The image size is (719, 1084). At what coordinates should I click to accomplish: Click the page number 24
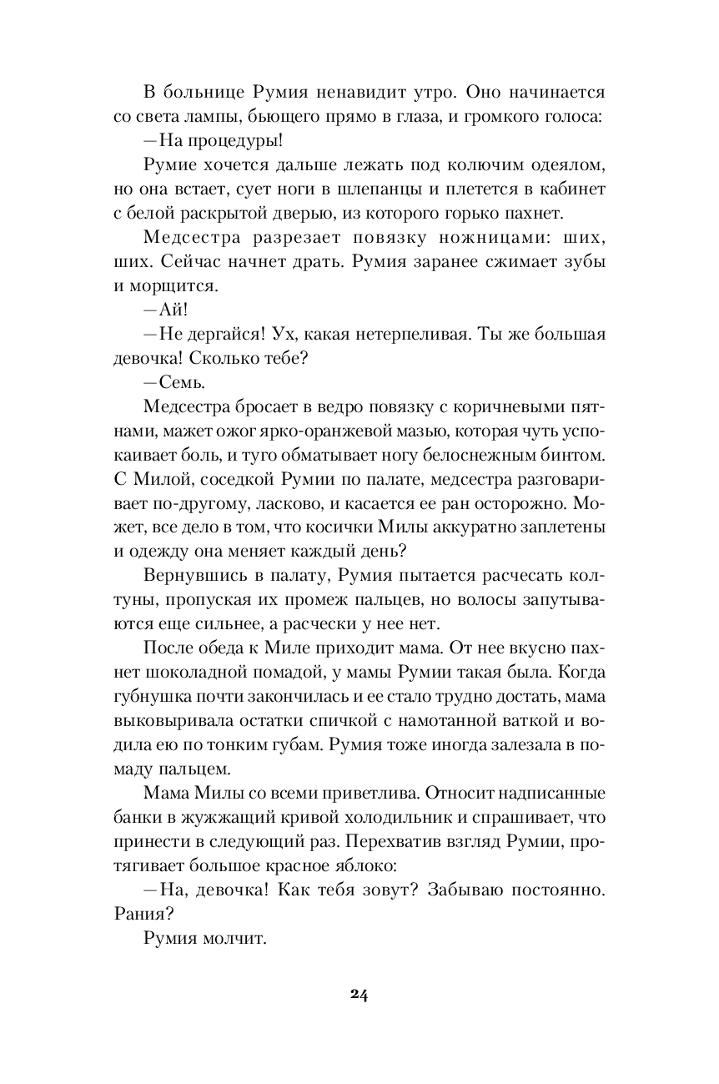pyautogui.click(x=359, y=994)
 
